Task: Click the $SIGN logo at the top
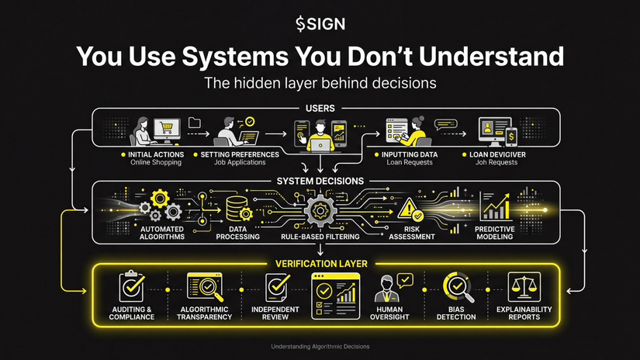pos(320,23)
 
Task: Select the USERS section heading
pos(320,109)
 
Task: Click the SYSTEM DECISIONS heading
pos(320,182)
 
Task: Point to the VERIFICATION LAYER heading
pos(320,264)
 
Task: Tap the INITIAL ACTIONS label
pos(156,154)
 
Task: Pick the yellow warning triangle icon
pos(408,208)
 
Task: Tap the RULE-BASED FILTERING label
pos(320,236)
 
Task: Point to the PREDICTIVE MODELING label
pos(494,232)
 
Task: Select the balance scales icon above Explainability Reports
pos(524,287)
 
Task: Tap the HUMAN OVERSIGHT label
pos(390,313)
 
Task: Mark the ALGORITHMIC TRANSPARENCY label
pos(206,313)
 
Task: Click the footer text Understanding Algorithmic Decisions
pos(320,346)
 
